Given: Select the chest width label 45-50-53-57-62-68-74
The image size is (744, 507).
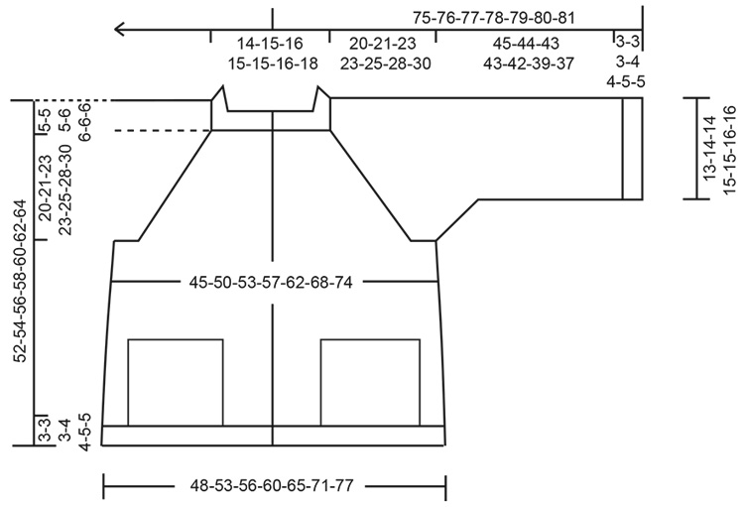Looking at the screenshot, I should tap(271, 282).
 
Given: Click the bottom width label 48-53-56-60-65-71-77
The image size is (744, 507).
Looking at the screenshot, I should tap(273, 486).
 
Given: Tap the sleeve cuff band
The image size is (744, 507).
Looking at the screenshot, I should tap(628, 150).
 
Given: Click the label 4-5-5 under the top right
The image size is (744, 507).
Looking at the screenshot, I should tap(628, 81).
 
